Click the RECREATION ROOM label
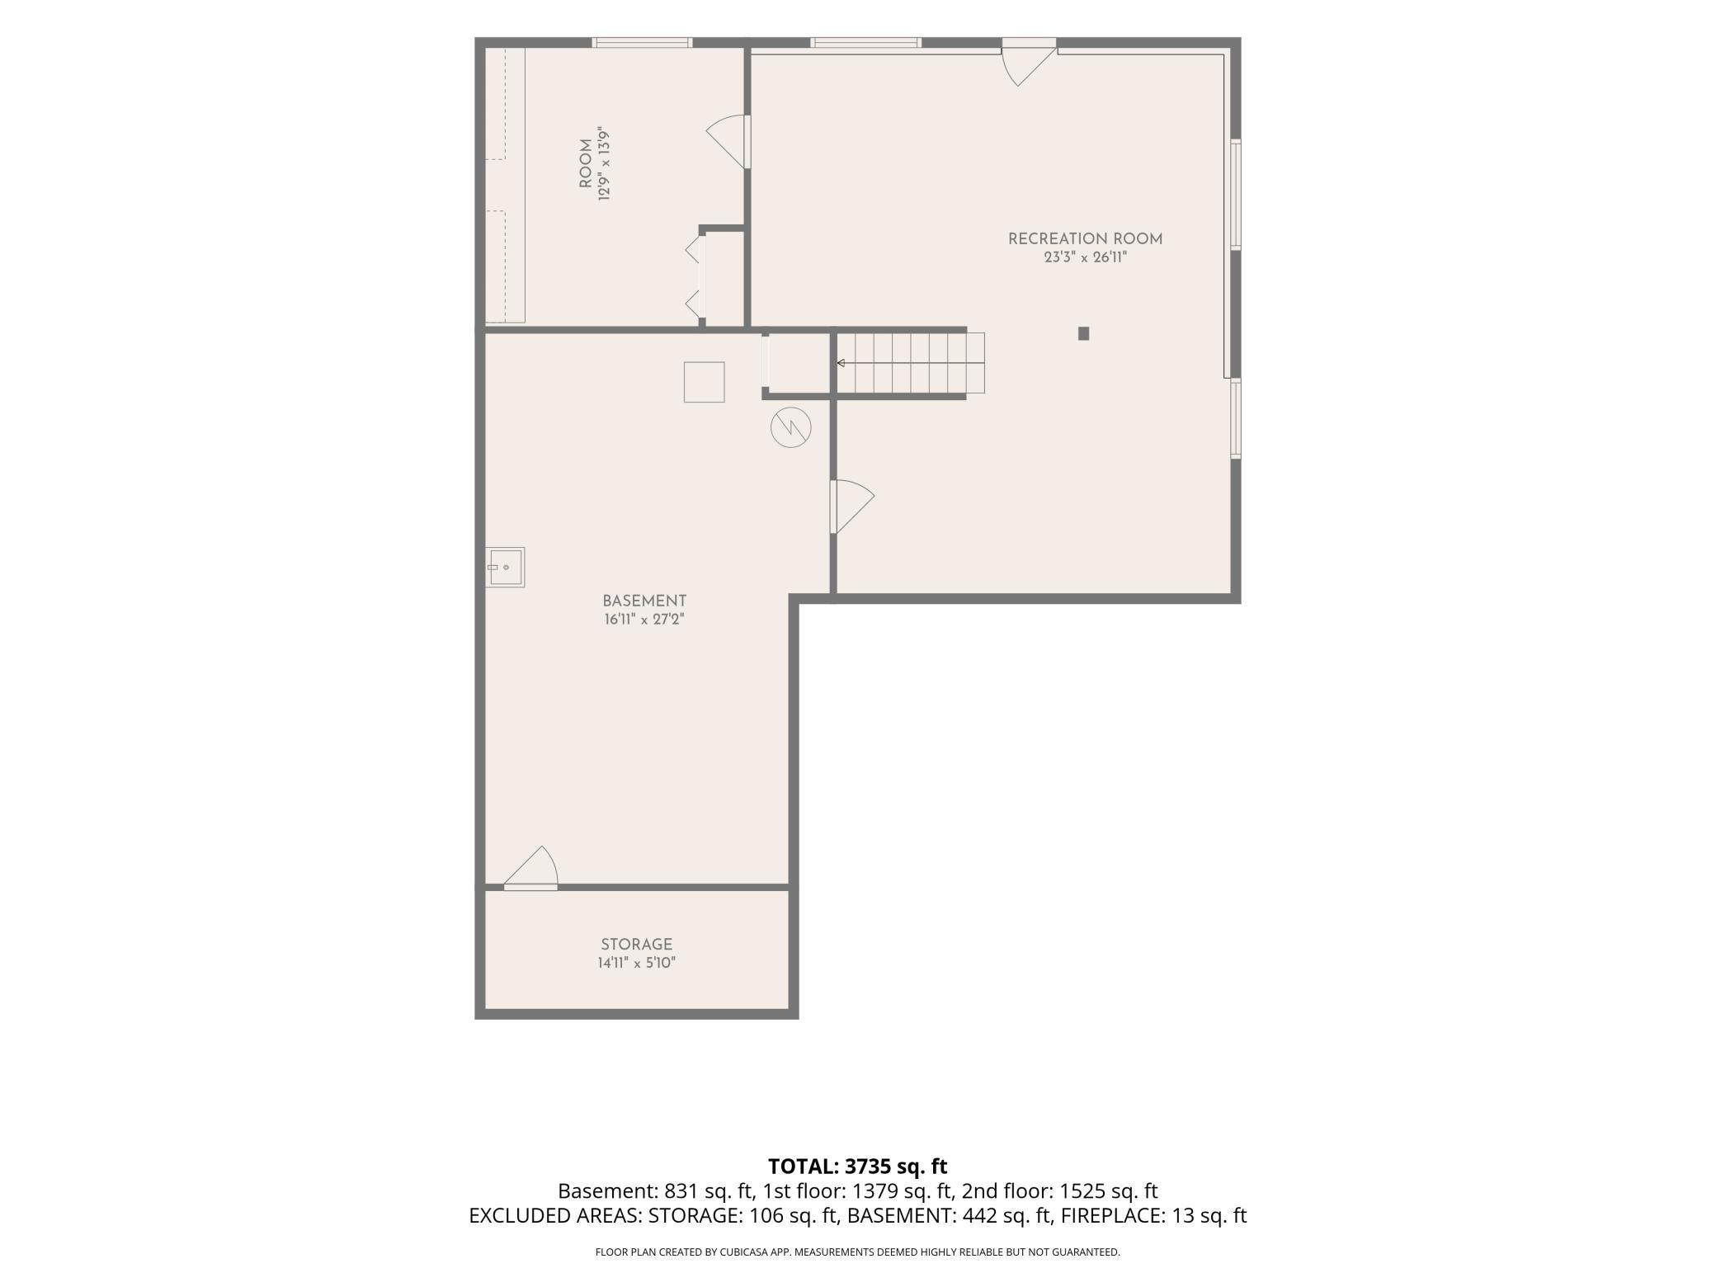[1085, 239]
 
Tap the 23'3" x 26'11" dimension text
[1085, 257]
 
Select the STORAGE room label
[636, 945]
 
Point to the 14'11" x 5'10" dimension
[636, 963]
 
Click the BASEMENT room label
[644, 601]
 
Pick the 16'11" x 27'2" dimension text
[644, 620]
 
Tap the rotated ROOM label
[586, 163]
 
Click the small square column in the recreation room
[1084, 333]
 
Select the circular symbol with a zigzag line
[791, 427]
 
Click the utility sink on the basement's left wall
[505, 568]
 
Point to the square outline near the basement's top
[704, 382]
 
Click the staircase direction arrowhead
[841, 363]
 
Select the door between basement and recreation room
[851, 507]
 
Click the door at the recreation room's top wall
[1028, 63]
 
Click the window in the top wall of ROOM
[642, 43]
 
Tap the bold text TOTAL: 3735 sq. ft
[858, 1167]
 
